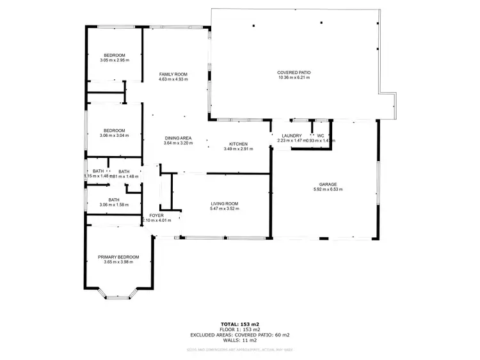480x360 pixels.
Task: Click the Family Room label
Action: [173, 74]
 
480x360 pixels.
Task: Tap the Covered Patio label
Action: [294, 72]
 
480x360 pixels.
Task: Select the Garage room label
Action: [324, 184]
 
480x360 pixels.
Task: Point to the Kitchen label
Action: [238, 144]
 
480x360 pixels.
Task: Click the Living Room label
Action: [225, 203]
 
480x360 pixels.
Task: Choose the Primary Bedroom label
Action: [118, 257]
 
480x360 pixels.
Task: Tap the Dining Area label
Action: [178, 138]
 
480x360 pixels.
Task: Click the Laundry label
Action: [292, 136]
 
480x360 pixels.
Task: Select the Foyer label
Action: [157, 215]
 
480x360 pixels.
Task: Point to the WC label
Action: [320, 136]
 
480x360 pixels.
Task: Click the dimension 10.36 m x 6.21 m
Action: [294, 78]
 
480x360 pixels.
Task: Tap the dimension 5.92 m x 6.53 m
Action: [324, 190]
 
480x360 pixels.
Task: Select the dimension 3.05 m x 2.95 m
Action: [115, 61]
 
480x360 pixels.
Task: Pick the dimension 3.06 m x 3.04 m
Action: [115, 136]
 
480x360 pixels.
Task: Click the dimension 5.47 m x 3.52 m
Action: [225, 209]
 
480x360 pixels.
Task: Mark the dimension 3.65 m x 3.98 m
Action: [118, 263]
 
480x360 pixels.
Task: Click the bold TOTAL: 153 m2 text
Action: [239, 324]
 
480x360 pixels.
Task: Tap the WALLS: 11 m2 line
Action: [239, 340]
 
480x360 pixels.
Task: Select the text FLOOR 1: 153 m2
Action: [239, 329]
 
